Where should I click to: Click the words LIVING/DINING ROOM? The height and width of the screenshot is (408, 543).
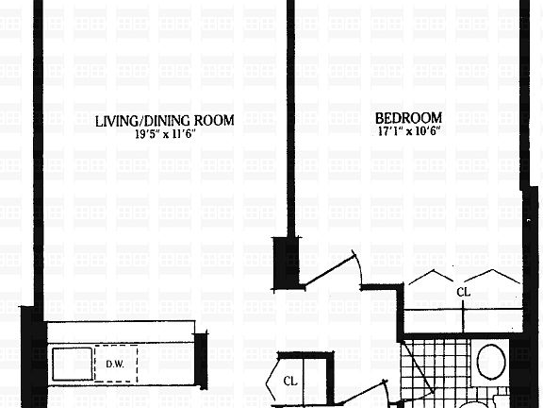165,120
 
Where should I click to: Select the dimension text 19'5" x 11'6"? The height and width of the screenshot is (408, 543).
165,134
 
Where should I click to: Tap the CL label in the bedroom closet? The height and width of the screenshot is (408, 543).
463,293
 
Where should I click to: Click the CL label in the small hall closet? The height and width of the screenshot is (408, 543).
293,381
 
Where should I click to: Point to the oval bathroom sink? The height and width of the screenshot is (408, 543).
491,362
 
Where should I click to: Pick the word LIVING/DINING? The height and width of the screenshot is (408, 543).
143,120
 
